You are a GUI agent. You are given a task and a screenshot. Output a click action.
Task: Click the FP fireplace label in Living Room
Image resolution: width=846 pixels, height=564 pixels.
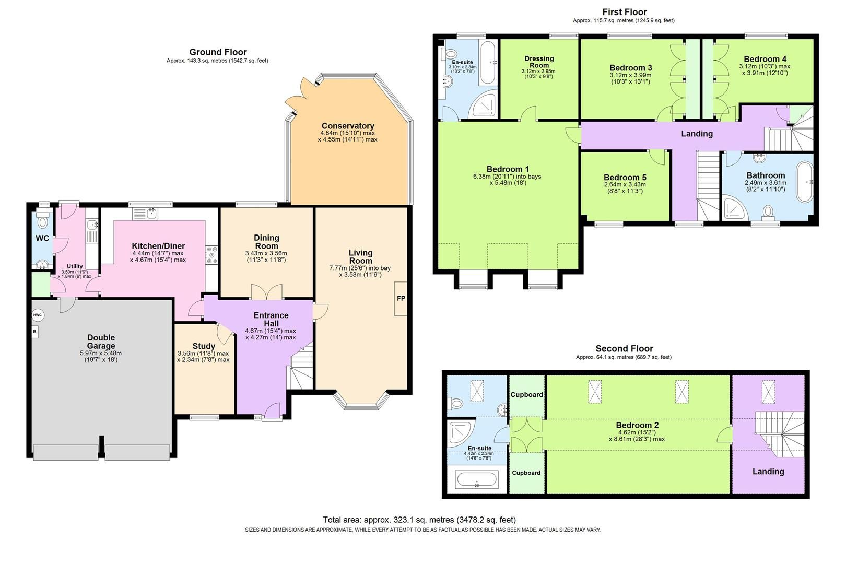click(401, 299)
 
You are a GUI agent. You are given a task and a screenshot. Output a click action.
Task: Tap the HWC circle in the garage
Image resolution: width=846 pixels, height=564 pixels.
click(38, 315)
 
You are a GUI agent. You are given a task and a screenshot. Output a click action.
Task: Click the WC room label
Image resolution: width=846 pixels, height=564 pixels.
click(42, 238)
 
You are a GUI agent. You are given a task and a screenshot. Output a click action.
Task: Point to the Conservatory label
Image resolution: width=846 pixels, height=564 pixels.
click(347, 126)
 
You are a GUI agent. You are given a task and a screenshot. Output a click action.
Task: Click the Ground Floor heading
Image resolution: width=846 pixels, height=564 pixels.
click(218, 52)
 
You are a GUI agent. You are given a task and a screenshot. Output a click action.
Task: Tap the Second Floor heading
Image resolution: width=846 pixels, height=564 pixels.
click(624, 348)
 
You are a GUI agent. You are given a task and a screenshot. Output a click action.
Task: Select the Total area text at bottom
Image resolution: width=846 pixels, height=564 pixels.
click(419, 520)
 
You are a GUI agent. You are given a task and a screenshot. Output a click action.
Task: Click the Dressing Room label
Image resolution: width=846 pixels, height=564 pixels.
click(539, 62)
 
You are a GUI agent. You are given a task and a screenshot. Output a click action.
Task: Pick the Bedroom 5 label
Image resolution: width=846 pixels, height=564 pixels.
click(625, 177)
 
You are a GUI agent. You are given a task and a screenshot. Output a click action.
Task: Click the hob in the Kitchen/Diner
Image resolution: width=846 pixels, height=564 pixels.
click(212, 254)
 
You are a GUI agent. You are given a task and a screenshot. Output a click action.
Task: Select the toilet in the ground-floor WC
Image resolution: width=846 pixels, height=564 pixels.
click(42, 221)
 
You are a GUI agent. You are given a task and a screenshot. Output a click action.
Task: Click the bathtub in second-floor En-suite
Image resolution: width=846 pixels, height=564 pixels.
click(477, 479)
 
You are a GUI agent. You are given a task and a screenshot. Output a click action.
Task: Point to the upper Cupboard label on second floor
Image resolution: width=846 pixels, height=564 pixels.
click(526, 394)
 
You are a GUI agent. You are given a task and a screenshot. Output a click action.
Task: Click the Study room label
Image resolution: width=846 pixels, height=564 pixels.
click(204, 346)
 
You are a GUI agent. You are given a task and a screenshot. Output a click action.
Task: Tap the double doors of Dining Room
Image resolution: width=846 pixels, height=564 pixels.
click(267, 291)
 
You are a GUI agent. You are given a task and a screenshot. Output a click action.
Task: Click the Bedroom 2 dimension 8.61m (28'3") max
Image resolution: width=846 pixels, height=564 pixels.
click(637, 439)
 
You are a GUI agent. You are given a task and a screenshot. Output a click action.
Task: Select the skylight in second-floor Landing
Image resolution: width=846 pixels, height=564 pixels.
click(768, 392)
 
